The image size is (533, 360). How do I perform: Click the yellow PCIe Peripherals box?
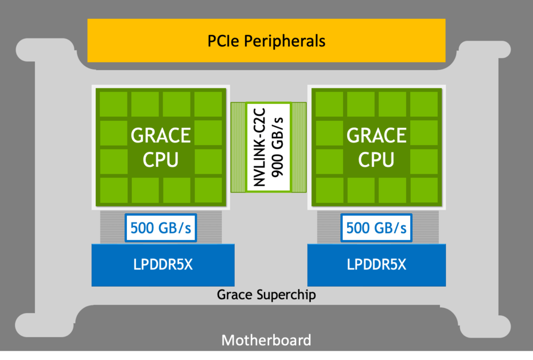pyautogui.click(x=266, y=40)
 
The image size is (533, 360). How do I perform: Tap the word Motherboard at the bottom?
pyautogui.click(x=266, y=340)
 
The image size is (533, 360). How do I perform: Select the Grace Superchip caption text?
pyautogui.click(x=266, y=294)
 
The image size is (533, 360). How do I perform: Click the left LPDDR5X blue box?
pyautogui.click(x=163, y=265)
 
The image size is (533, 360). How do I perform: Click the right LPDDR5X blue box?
pyautogui.click(x=376, y=265)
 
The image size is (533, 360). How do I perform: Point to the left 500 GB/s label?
pyautogui.click(x=160, y=228)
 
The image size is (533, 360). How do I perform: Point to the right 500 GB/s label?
pyautogui.click(x=376, y=228)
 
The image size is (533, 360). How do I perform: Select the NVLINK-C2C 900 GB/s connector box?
pyautogui.click(x=269, y=147)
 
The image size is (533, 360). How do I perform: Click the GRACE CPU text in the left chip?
pyautogui.click(x=160, y=147)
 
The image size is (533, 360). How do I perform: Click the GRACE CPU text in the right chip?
pyautogui.click(x=376, y=147)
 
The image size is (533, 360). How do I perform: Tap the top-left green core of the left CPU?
pyautogui.click(x=113, y=104)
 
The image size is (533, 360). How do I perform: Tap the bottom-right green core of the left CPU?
pyautogui.click(x=207, y=190)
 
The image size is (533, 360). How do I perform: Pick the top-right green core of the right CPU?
pyautogui.click(x=423, y=104)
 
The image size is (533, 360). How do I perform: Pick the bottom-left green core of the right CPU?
pyautogui.click(x=329, y=190)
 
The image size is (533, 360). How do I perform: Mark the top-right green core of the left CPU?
pyautogui.click(x=207, y=104)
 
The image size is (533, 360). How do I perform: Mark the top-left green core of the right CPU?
pyautogui.click(x=329, y=104)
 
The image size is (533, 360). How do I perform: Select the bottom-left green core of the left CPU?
pyautogui.click(x=113, y=190)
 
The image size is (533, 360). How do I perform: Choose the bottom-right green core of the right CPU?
pyautogui.click(x=423, y=190)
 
